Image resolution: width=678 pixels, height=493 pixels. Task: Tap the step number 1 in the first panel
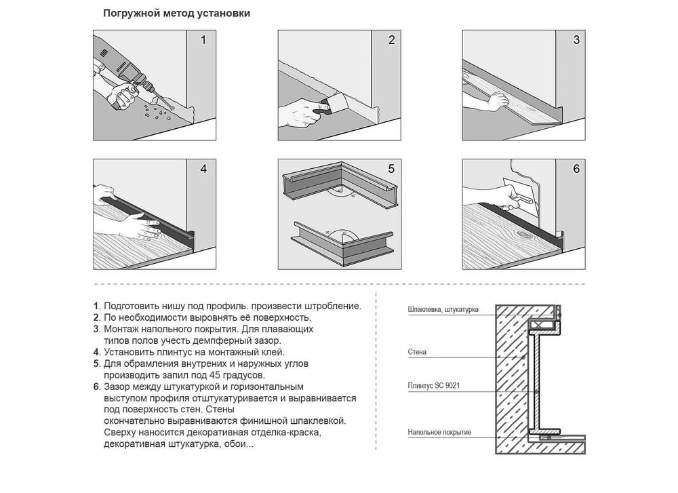(203, 40)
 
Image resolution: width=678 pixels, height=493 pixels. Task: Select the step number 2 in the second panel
(391, 40)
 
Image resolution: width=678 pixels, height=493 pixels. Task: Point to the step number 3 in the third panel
(576, 40)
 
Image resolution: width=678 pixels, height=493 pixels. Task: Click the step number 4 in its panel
(203, 169)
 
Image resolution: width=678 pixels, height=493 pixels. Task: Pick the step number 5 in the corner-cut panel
(391, 169)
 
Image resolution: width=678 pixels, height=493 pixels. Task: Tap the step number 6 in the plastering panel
(576, 169)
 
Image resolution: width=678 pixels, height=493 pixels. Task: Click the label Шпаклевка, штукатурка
(443, 310)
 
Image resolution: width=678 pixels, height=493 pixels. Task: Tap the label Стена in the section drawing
(417, 352)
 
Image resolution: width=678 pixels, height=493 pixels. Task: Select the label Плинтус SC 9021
(434, 385)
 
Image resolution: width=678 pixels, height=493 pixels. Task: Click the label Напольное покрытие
(439, 432)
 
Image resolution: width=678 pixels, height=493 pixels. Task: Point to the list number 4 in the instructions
(97, 353)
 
